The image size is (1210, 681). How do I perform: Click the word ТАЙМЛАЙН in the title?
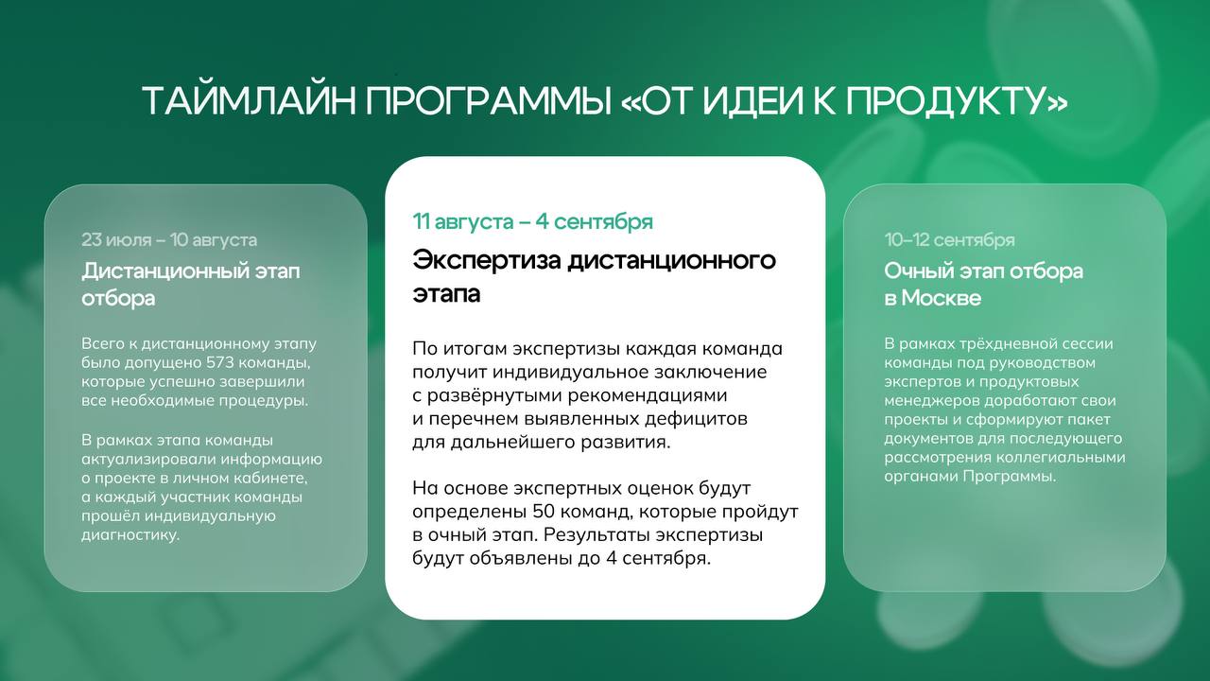point(249,100)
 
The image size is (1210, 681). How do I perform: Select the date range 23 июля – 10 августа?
point(169,239)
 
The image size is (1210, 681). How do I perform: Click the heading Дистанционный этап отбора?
point(191,284)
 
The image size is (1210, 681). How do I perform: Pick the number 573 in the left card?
point(220,362)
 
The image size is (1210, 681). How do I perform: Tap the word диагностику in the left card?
point(130,535)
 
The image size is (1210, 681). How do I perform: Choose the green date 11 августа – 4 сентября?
point(532,221)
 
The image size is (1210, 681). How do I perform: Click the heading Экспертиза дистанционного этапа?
point(595,277)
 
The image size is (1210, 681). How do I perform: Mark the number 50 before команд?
point(544,512)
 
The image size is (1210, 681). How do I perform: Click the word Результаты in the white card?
point(596,535)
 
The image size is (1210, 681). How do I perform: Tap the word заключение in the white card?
point(714,372)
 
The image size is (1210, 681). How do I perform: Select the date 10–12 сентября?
point(950,239)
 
